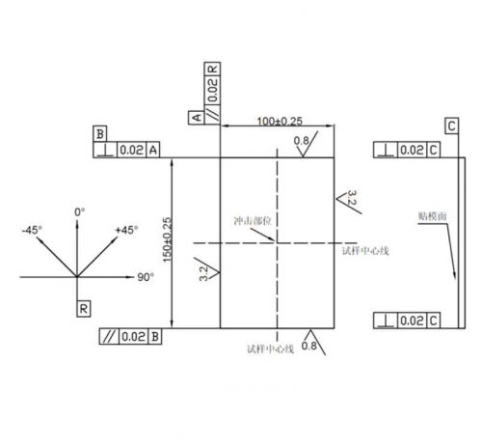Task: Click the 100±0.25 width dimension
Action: click(x=280, y=121)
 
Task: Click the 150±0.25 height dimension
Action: click(x=168, y=239)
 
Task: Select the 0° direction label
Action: click(x=80, y=212)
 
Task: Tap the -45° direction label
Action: click(x=32, y=230)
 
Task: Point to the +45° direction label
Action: click(x=127, y=230)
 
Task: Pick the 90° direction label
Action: click(x=146, y=277)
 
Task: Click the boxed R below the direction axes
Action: click(x=84, y=309)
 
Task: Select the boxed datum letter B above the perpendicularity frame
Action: click(x=100, y=134)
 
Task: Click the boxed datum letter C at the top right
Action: click(x=451, y=126)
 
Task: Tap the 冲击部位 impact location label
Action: click(x=253, y=221)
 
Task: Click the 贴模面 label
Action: click(x=432, y=216)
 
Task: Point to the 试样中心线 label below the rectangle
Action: click(x=270, y=349)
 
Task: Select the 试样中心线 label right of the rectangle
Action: click(x=365, y=251)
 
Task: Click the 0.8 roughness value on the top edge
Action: click(x=301, y=140)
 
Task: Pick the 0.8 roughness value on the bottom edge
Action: click(x=308, y=346)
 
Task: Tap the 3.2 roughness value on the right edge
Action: click(x=352, y=198)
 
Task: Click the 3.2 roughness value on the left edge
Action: click(x=203, y=273)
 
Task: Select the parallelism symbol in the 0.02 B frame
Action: click(x=109, y=337)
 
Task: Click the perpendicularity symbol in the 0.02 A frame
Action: click(x=105, y=151)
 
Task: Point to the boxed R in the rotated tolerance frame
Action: click(x=212, y=70)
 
